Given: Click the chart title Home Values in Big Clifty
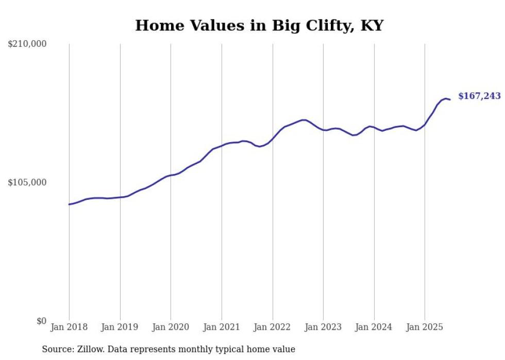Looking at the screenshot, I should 259,25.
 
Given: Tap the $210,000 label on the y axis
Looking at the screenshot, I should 27,44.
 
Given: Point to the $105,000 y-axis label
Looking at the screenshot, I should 27,182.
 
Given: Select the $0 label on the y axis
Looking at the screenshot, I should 41,321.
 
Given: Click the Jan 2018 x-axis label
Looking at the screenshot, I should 69,327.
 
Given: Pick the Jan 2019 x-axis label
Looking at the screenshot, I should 120,327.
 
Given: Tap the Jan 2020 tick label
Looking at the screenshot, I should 171,327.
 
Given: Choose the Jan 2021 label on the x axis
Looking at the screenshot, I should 222,327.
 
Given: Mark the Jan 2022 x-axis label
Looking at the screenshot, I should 273,327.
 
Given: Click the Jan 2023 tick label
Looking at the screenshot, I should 323,327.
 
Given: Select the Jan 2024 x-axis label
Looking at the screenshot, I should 374,327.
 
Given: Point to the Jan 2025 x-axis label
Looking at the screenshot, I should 425,327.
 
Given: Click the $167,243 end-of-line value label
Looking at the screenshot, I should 479,96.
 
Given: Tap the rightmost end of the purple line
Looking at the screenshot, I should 450,99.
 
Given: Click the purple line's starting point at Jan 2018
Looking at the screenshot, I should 69,204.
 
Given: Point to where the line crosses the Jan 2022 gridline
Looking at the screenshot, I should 273,138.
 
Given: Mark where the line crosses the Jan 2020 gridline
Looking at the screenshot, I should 171,176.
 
